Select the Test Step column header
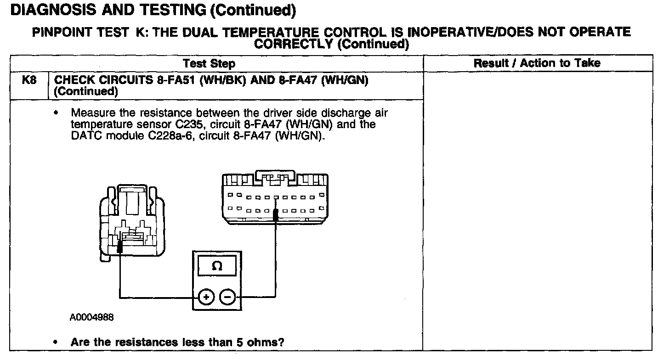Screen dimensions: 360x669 209,63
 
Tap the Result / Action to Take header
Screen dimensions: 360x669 537,63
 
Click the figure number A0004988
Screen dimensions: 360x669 92,317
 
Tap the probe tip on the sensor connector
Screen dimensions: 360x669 120,248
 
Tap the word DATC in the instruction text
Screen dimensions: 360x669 84,136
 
